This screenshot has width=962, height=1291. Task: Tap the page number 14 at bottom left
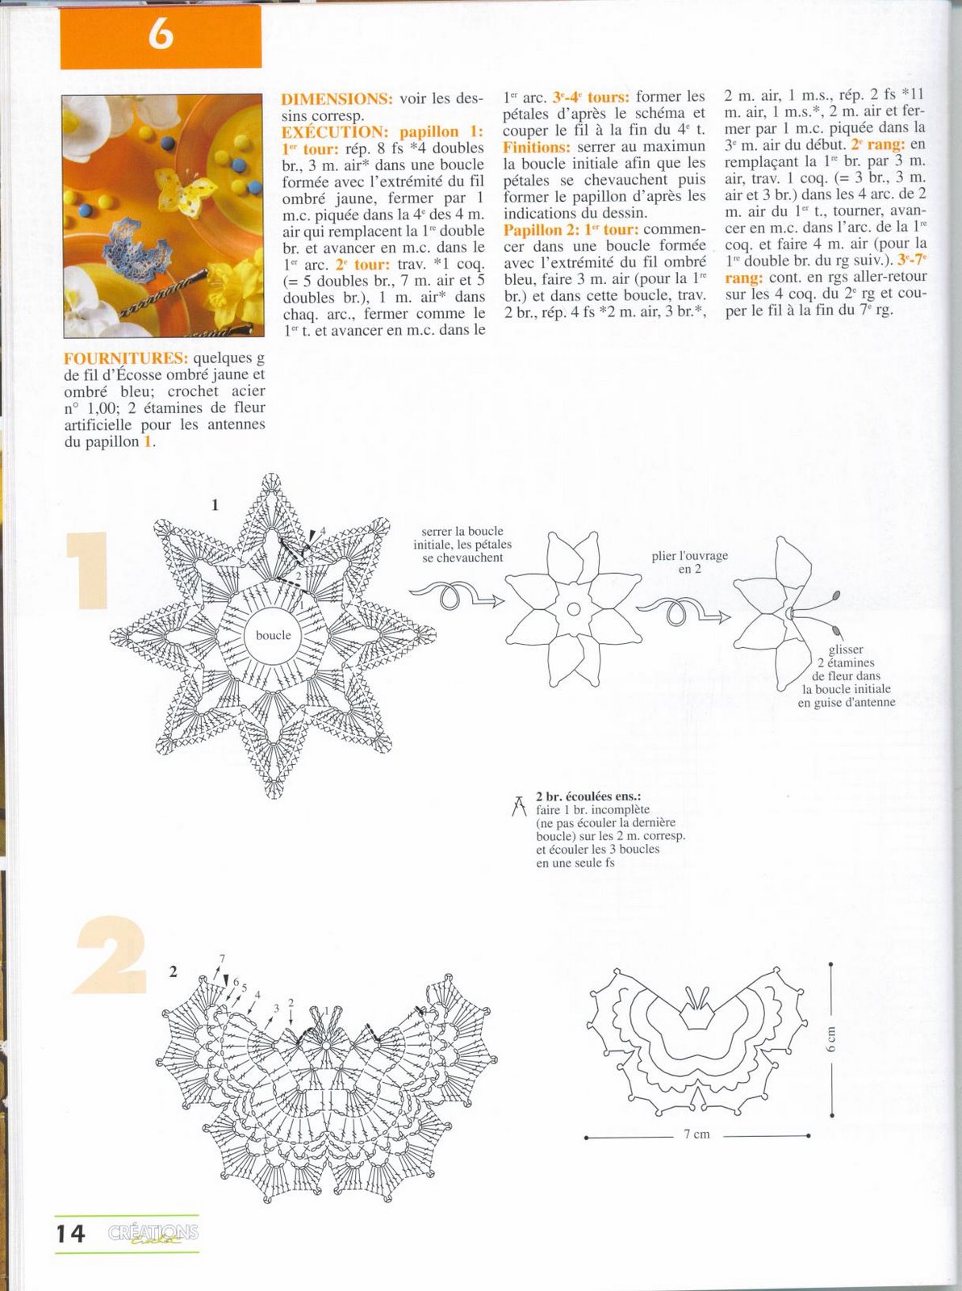71,1234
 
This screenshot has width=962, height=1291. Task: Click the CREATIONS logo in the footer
153,1234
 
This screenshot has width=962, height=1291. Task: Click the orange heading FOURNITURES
126,357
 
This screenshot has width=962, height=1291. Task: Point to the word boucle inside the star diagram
273,635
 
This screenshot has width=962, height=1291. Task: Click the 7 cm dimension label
696,1134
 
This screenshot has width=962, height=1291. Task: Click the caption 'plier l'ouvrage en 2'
689,562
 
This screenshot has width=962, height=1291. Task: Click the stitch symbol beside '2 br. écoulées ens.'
519,805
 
